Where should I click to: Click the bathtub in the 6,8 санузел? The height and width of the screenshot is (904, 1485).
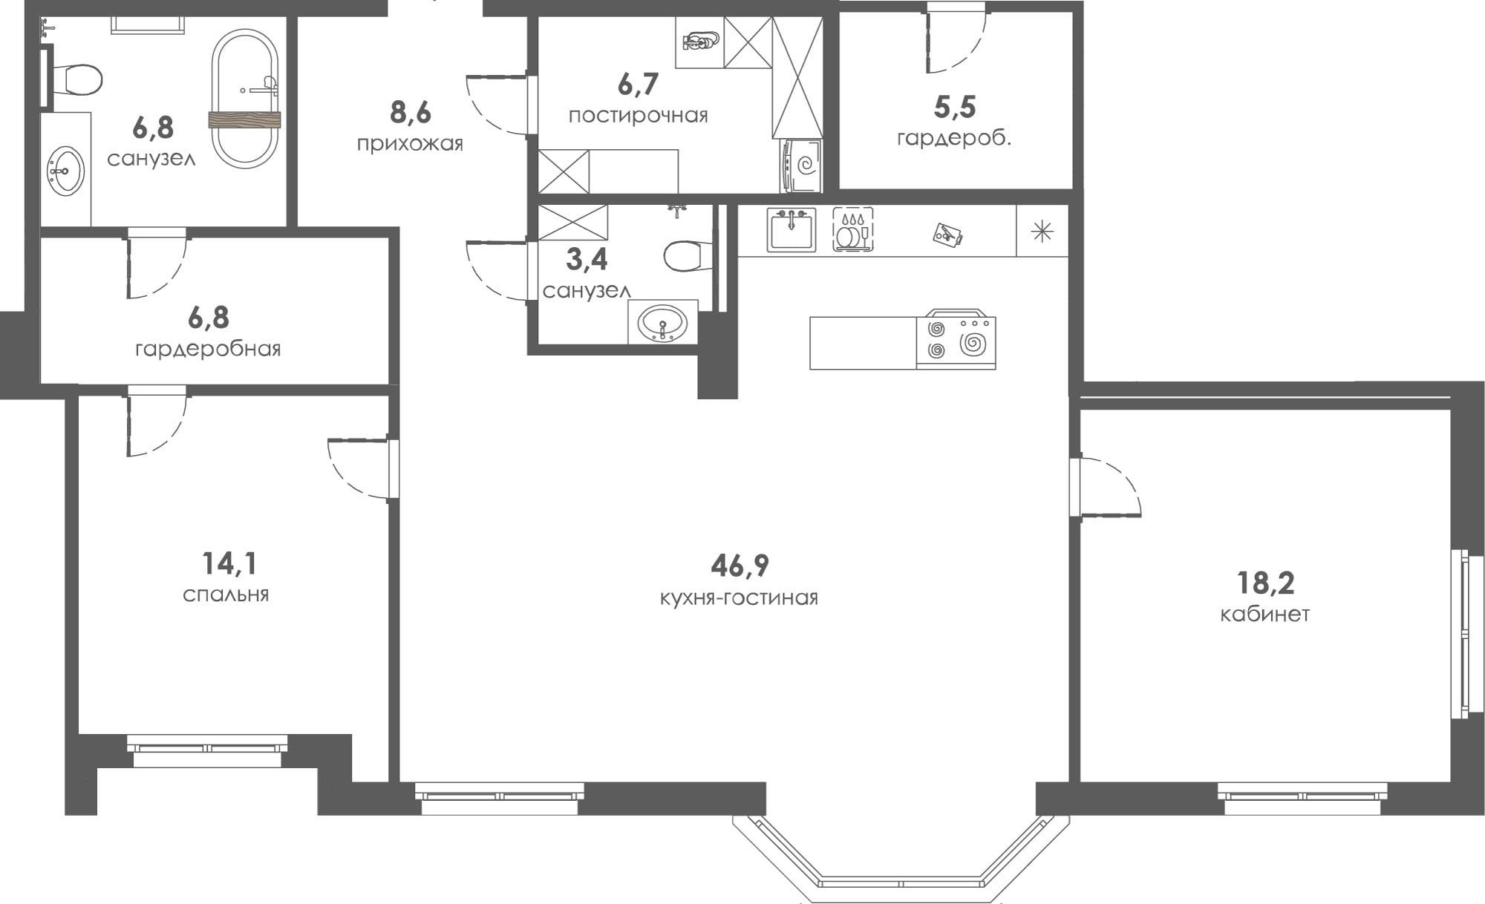click(245, 99)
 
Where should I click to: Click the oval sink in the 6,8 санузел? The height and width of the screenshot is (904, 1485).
click(66, 171)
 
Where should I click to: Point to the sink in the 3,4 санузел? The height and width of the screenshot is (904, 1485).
click(664, 322)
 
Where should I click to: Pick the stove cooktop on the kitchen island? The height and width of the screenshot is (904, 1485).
click(956, 339)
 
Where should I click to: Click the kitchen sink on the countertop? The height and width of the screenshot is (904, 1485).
click(792, 229)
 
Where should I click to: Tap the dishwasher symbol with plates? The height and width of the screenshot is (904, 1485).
click(852, 229)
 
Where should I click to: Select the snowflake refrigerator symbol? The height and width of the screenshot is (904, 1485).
click(1042, 232)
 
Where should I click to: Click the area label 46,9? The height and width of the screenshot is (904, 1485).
click(740, 566)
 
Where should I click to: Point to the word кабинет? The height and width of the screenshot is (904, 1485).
click(1265, 615)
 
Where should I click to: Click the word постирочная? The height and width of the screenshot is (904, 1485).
click(638, 117)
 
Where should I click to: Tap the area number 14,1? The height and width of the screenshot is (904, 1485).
click(229, 564)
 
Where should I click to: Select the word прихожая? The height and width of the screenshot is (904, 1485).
click(410, 144)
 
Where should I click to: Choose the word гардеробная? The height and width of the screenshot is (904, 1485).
click(208, 349)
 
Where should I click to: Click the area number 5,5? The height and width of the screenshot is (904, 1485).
click(954, 107)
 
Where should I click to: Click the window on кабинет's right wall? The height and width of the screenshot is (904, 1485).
click(1461, 634)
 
